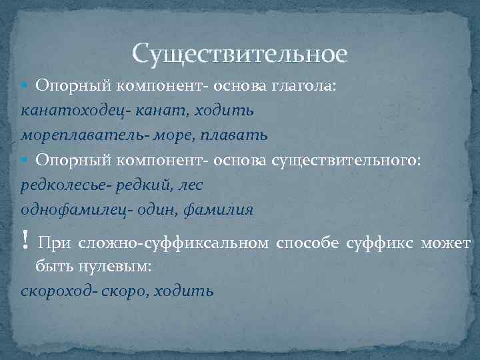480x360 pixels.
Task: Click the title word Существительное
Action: (239, 53)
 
